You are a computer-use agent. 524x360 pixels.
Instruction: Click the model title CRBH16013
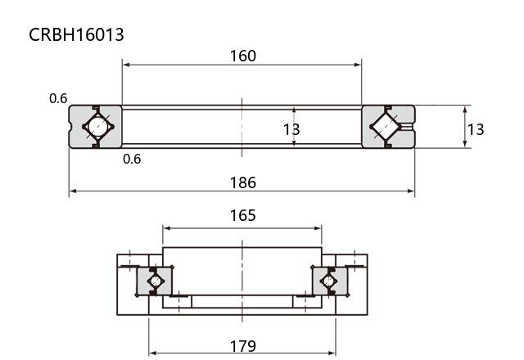click(x=76, y=34)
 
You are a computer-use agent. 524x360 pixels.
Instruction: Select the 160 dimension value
click(x=243, y=56)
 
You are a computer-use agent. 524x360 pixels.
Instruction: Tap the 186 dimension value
click(x=243, y=182)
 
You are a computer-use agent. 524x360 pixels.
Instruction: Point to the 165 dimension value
click(x=242, y=215)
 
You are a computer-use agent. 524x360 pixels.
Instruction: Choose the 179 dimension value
click(x=243, y=346)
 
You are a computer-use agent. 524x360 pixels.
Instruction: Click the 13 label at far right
click(x=475, y=129)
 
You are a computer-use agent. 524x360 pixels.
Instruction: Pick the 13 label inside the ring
click(x=291, y=129)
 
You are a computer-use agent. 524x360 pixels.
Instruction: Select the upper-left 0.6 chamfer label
click(x=58, y=98)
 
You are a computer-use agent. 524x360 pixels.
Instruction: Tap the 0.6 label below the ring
click(x=132, y=159)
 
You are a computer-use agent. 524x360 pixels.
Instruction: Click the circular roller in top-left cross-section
click(x=98, y=127)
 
